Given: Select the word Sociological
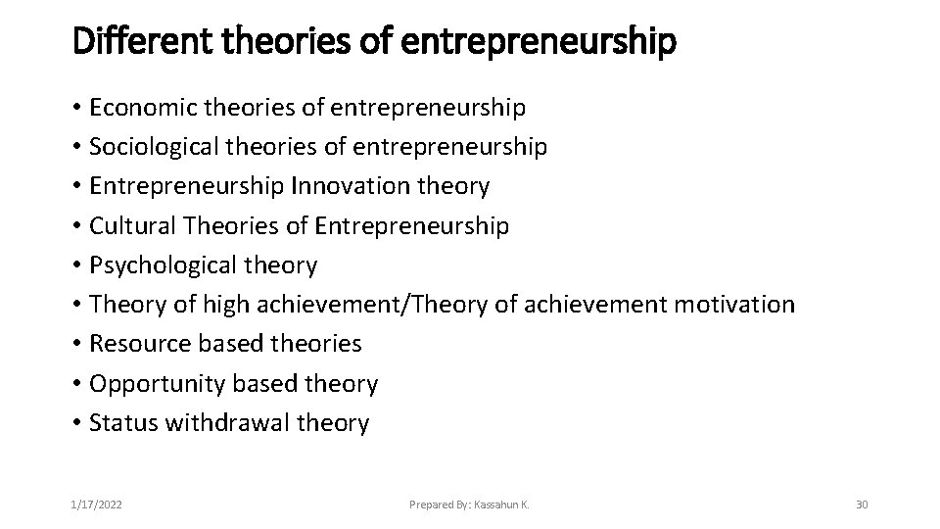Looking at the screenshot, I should click(x=154, y=147).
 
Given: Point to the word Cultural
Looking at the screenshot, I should click(x=128, y=226).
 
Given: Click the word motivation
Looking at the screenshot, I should click(x=733, y=305).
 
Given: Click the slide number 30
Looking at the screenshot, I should click(x=862, y=505).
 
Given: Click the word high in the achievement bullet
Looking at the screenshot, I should click(x=227, y=305).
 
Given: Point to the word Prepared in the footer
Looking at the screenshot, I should click(x=431, y=505).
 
